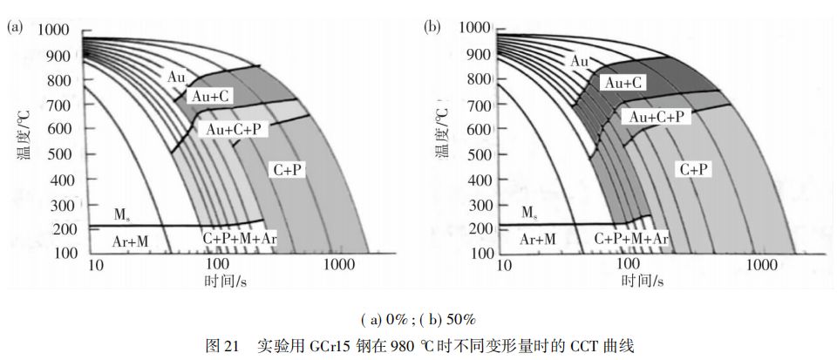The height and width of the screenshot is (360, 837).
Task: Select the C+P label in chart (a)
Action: pyautogui.click(x=285, y=171)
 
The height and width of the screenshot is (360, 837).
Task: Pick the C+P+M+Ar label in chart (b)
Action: pyautogui.click(x=632, y=238)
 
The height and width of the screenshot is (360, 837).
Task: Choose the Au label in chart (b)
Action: pyautogui.click(x=580, y=61)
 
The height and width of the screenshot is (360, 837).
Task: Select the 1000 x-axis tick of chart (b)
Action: pyautogui.click(x=764, y=264)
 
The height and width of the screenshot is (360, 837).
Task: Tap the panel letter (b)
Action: pyautogui.click(x=432, y=27)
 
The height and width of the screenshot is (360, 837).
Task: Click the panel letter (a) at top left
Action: pyautogui.click(x=14, y=27)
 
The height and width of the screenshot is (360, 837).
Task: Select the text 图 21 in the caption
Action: pyautogui.click(x=221, y=344)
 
